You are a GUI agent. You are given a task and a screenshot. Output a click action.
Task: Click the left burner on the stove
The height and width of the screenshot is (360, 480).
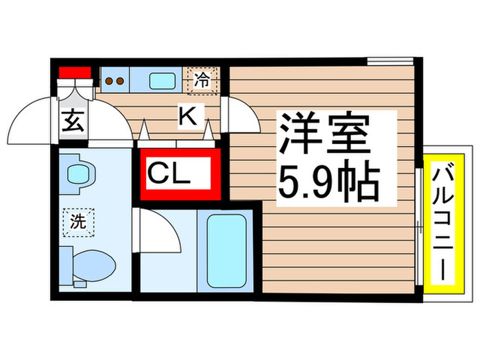click(108, 81)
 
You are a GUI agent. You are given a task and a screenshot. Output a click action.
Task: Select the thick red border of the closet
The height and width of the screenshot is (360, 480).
click(215, 175)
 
